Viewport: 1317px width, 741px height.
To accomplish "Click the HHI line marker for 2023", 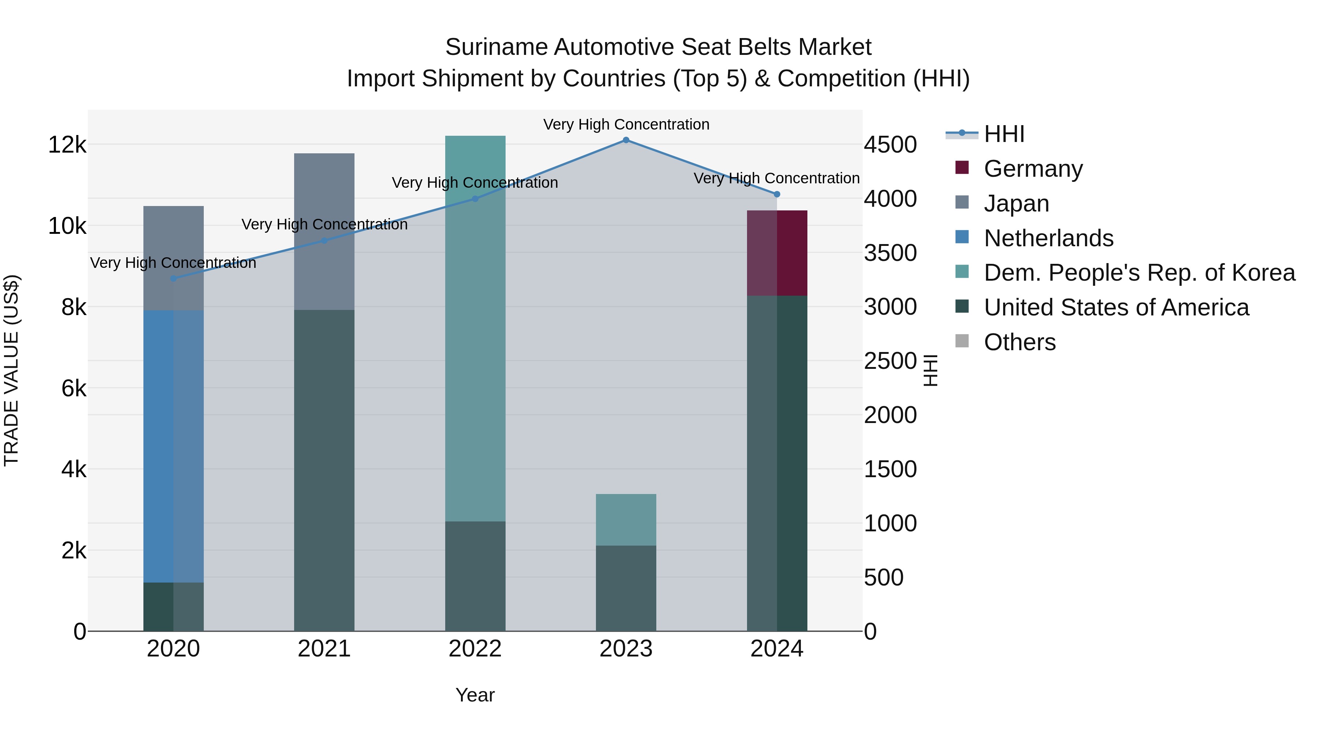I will click(626, 140).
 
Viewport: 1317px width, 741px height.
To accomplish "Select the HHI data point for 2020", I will click(173, 278).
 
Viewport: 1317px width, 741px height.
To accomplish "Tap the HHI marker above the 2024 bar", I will click(777, 194).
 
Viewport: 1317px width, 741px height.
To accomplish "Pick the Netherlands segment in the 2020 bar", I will click(173, 446).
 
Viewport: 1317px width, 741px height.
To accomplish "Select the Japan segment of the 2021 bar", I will click(324, 231).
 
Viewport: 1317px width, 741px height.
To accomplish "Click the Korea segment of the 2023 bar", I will click(626, 520).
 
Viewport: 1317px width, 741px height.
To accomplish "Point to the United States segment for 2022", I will click(475, 576).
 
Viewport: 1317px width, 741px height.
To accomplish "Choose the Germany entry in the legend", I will click(1033, 169).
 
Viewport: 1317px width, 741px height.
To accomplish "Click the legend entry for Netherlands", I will click(1048, 238).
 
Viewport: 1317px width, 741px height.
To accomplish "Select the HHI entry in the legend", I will click(1003, 134).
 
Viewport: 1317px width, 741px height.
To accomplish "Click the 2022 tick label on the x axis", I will click(475, 649).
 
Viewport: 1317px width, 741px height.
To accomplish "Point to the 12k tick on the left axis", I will click(67, 145).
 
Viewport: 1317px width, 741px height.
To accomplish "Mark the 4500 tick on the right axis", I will click(890, 145).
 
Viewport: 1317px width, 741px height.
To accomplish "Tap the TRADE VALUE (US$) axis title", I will click(11, 370).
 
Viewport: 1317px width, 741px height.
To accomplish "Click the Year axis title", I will click(475, 695).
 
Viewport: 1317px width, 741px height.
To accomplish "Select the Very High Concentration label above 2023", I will click(626, 124).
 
